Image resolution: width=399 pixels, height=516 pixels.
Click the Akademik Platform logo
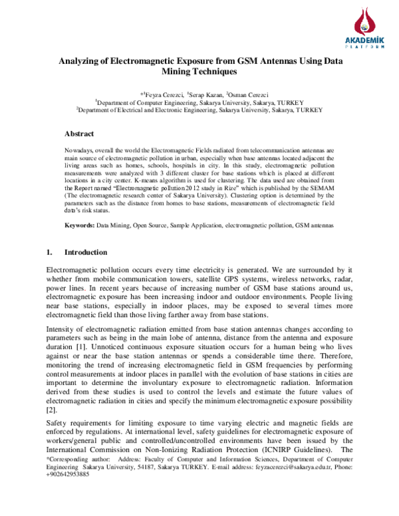point(360,29)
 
